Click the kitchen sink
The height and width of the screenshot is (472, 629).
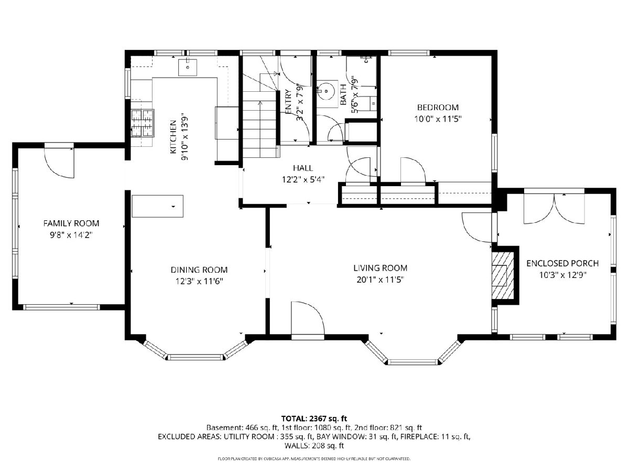188,67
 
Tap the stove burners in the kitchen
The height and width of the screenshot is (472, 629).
143,122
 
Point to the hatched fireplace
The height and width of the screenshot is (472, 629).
502,275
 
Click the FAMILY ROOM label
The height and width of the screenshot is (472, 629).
71,223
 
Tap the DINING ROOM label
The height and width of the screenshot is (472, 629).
199,270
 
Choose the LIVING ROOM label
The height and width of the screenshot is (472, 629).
380,268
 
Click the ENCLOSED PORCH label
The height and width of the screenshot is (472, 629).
562,263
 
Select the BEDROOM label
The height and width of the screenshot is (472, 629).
438,108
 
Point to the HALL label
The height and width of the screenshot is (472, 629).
303,168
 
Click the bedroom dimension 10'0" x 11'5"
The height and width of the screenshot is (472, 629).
438,119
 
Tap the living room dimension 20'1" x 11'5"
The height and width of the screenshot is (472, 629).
380,280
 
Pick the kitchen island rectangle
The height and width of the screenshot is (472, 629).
158,206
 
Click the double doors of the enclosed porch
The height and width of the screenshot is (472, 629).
554,209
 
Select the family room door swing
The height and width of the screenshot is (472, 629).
59,163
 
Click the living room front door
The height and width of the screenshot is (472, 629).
308,318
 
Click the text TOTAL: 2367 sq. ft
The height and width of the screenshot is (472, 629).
314,419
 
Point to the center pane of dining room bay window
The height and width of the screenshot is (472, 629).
195,357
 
